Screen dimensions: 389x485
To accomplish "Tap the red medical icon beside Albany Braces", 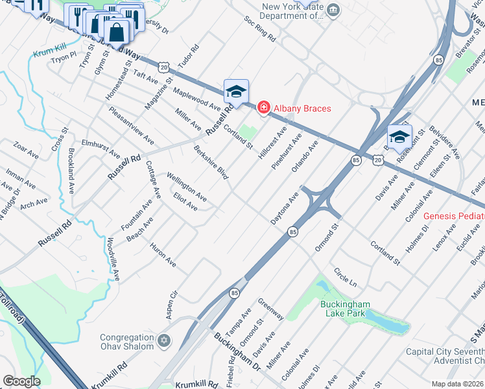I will (x=263, y=107).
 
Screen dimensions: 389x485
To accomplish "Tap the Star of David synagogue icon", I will (x=164, y=340).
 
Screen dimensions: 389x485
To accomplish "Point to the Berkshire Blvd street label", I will (x=211, y=163).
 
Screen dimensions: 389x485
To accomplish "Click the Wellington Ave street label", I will (x=186, y=186).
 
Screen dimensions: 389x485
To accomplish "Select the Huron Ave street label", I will (x=163, y=255).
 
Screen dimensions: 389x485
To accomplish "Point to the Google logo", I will (x=21, y=381).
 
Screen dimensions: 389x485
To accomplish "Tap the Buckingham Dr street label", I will (x=237, y=351).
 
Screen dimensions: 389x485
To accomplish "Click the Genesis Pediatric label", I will (x=454, y=216).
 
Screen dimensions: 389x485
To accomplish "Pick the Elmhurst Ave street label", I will (x=101, y=148).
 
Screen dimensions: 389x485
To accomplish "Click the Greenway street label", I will (x=270, y=309).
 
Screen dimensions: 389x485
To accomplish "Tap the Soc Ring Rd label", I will (x=260, y=29).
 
